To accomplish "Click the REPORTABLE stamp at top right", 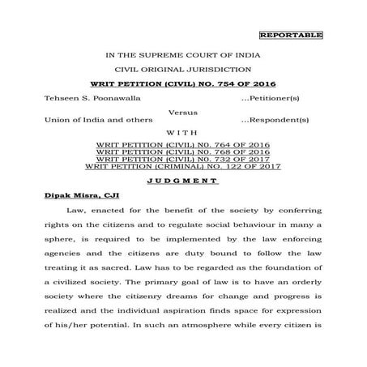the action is coord(291,35).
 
